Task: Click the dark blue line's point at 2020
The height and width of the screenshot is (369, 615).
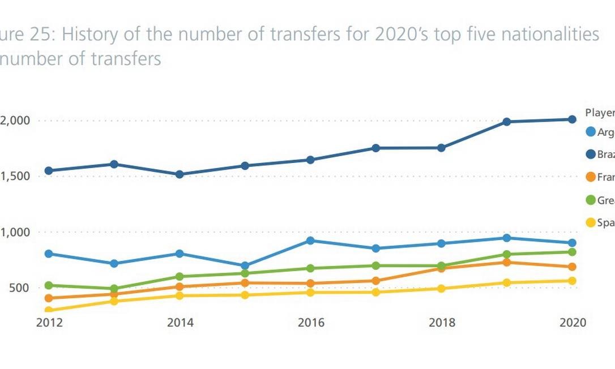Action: [572, 119]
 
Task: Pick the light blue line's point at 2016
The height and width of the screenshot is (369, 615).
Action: [310, 241]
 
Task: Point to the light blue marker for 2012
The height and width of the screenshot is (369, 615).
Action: [49, 254]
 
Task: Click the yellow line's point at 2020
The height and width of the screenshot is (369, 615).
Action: [572, 281]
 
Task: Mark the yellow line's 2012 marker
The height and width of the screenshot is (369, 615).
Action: [49, 310]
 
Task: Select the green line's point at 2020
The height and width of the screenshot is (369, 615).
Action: [572, 252]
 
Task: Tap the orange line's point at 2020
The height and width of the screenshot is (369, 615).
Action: [572, 267]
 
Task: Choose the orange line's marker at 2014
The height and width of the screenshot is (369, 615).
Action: [180, 287]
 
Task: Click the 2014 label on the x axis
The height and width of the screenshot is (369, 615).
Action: [180, 323]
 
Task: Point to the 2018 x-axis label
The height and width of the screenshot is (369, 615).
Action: [442, 323]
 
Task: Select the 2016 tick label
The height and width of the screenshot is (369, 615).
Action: [311, 323]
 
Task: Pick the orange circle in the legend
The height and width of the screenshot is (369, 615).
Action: [591, 177]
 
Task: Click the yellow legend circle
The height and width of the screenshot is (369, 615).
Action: [591, 223]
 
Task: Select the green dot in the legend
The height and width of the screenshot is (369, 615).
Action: [591, 200]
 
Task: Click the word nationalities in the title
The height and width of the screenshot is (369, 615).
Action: [544, 35]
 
